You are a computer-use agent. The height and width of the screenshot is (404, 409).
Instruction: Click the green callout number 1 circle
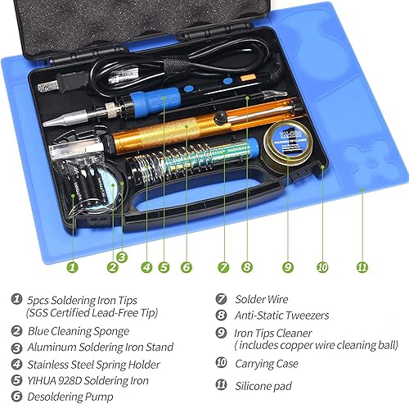pyautogui.click(x=72, y=267)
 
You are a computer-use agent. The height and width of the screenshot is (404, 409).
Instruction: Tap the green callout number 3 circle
pyautogui.click(x=122, y=257)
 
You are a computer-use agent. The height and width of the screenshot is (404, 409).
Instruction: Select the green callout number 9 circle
pyautogui.click(x=288, y=267)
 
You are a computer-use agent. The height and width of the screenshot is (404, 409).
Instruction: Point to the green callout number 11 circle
pyautogui.click(x=362, y=267)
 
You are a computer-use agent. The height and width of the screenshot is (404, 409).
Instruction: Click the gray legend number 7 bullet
pyautogui.click(x=221, y=299)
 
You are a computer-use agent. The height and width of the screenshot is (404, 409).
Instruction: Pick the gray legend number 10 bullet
pyautogui.click(x=221, y=362)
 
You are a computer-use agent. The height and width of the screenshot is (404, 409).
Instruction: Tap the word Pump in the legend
pyautogui.click(x=100, y=397)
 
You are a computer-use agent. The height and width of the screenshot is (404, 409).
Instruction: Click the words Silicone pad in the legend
pyautogui.click(x=263, y=386)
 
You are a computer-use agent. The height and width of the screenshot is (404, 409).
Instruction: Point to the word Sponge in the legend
pyautogui.click(x=111, y=332)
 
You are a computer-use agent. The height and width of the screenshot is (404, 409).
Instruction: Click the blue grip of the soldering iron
pyautogui.click(x=155, y=101)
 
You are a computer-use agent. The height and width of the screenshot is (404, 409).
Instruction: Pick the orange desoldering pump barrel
pyautogui.click(x=173, y=129)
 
